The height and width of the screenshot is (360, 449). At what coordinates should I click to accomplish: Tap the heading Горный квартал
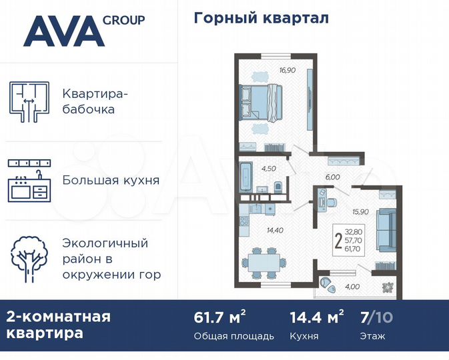coord(261,18)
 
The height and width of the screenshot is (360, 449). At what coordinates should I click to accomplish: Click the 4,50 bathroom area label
coord(268,168)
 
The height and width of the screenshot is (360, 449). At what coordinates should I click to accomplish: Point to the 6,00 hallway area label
coord(332,177)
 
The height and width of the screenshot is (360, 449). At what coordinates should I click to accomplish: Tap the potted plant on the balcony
coord(387,287)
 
